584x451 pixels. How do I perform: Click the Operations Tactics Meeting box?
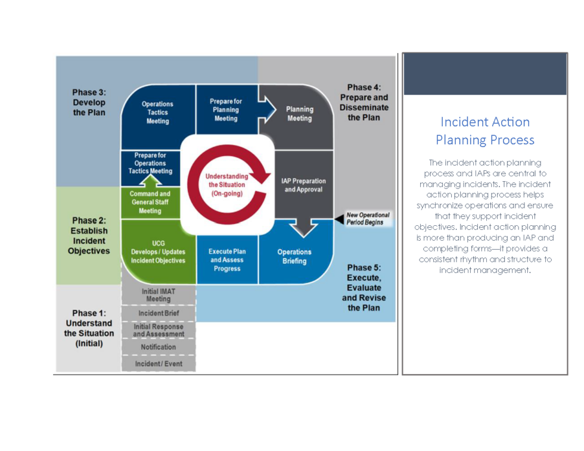tap(158, 113)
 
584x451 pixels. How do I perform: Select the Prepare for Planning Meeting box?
tap(226, 110)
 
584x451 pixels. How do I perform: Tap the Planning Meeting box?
tap(300, 114)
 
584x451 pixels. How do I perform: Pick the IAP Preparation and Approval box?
tap(303, 185)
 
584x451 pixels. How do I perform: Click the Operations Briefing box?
tap(294, 256)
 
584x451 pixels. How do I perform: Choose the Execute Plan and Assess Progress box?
tap(227, 260)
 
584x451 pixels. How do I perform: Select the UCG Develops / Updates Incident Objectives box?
tap(159, 252)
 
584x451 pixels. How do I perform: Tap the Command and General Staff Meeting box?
tap(150, 203)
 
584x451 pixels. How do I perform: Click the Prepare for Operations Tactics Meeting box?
tap(150, 163)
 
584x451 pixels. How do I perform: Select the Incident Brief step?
tap(159, 313)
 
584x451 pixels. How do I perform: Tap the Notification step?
tap(159, 347)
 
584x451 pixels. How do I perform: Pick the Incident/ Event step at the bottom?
tap(159, 363)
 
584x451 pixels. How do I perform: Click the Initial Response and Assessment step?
tap(159, 330)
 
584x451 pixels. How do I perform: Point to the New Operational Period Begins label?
tap(368, 219)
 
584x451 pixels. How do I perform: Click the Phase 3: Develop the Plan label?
tap(89, 102)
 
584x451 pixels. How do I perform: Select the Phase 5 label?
tap(364, 288)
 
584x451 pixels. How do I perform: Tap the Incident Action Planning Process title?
tap(484, 130)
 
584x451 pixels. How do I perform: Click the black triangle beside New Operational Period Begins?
tap(339, 219)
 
